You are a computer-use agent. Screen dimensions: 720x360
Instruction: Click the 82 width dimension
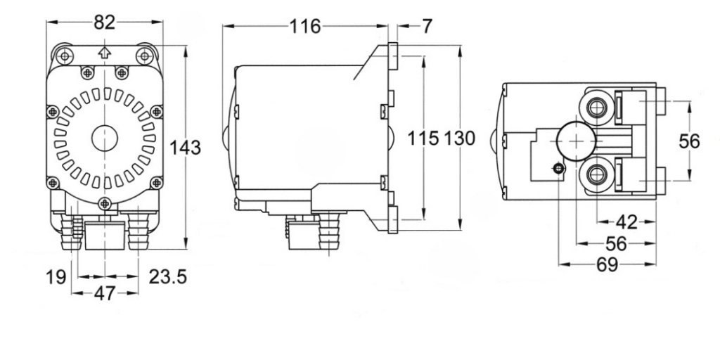point(105,22)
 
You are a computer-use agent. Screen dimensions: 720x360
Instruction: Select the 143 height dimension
point(185,148)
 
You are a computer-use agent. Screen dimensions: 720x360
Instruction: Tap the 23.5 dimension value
point(167,277)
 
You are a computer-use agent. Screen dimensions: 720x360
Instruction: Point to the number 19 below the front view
point(56,277)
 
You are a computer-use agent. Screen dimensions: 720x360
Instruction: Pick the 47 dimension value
point(105,293)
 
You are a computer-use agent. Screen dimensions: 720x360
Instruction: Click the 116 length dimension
point(305,27)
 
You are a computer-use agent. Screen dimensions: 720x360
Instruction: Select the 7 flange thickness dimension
point(427,27)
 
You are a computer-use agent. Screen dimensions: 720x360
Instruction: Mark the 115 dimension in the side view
point(423,139)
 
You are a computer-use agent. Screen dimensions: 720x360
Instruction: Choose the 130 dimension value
point(459,139)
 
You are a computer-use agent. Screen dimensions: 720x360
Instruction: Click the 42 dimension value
point(626,222)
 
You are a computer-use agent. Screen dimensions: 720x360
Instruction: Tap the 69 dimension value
point(607,264)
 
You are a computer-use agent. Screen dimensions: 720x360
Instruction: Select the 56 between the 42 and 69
point(616,244)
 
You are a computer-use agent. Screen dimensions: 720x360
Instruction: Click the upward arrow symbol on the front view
point(105,52)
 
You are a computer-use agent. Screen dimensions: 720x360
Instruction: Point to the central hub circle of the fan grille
point(105,139)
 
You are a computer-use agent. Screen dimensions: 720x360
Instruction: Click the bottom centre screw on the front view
point(105,202)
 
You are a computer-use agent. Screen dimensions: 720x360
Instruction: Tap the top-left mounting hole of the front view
point(65,56)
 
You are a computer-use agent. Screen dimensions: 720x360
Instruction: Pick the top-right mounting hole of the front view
point(144,56)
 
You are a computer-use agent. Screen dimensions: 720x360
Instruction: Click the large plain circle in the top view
point(576,141)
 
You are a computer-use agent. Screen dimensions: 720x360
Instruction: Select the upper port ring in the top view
point(596,108)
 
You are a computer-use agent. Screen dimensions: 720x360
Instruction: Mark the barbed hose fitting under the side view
point(329,231)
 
